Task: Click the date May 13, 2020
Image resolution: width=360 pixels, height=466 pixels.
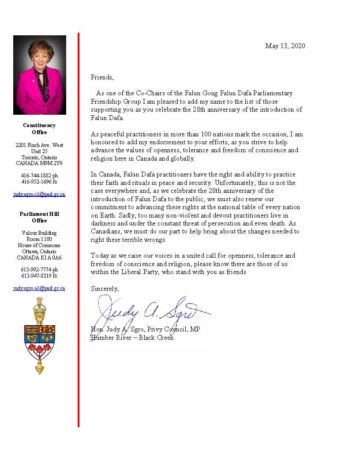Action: [285, 46]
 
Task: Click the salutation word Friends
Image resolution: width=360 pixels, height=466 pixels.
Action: [102, 77]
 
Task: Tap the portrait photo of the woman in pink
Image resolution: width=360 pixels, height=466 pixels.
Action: [40, 75]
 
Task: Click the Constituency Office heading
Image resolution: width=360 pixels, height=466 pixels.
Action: [39, 129]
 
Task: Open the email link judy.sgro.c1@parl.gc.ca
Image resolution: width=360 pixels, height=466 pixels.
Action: [39, 194]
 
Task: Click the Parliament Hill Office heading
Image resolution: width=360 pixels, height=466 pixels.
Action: [39, 217]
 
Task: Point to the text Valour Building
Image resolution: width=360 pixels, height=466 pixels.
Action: [39, 233]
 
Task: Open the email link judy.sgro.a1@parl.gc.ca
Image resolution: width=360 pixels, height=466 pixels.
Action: [39, 288]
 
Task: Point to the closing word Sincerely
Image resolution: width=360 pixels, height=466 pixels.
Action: [105, 289]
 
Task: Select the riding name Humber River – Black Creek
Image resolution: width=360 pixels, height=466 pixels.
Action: [132, 338]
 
